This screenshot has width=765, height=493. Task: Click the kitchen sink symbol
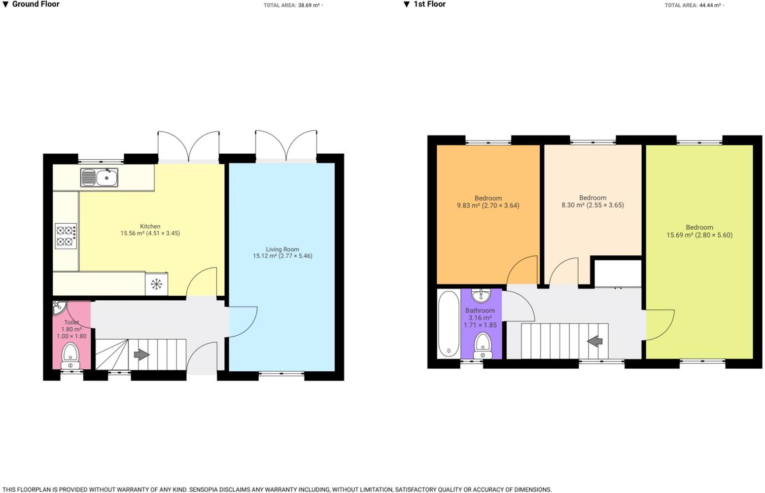point(99,177)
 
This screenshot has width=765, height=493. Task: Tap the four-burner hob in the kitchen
point(66,236)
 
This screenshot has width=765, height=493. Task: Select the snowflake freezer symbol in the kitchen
point(156,284)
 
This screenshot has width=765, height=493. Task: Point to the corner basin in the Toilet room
point(58,308)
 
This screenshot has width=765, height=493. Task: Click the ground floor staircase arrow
point(141,354)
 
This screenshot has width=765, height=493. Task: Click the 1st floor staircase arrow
point(595,341)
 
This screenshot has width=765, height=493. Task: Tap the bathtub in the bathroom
point(449,323)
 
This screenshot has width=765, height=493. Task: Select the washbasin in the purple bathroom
point(480,295)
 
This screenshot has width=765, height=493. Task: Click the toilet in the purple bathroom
point(482,346)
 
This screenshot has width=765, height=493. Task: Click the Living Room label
point(282,249)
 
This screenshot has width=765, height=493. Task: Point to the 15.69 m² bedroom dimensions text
point(699,235)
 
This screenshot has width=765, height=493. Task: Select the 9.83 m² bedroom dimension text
point(487,206)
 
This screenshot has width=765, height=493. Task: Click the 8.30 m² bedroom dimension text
point(592,205)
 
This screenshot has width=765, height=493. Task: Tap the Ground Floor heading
point(35,4)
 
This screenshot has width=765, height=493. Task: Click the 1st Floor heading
point(429,4)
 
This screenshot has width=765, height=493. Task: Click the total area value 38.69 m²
point(309,5)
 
